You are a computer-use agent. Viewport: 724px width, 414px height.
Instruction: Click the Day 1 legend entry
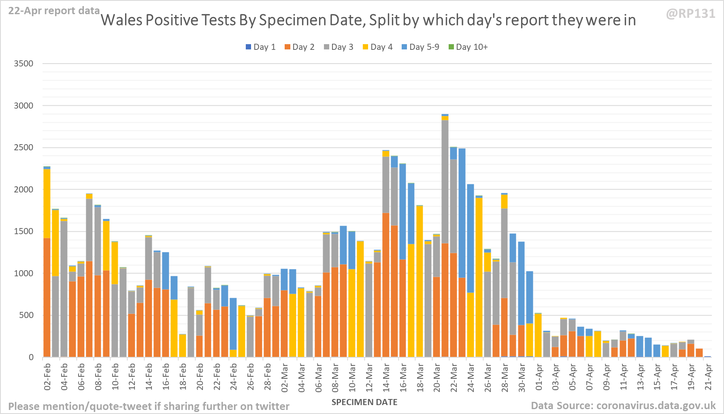click(x=260, y=47)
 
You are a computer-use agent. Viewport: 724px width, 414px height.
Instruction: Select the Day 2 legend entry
click(x=299, y=47)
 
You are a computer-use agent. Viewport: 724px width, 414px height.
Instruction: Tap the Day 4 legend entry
click(x=377, y=47)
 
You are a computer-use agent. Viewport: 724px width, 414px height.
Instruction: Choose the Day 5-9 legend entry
click(x=420, y=47)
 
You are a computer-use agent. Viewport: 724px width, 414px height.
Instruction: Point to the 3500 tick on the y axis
click(x=23, y=64)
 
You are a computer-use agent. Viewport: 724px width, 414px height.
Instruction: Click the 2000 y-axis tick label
click(x=23, y=190)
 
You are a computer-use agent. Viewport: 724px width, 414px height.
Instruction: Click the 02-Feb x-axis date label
click(x=47, y=377)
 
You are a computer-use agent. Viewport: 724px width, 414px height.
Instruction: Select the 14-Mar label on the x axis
click(x=386, y=377)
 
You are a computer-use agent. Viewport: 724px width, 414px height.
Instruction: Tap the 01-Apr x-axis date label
click(x=539, y=377)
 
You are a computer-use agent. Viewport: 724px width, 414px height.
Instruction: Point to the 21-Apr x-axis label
click(x=708, y=377)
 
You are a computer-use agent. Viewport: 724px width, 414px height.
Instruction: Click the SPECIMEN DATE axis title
click(x=364, y=402)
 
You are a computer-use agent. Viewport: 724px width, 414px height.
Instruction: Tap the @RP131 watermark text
click(x=690, y=14)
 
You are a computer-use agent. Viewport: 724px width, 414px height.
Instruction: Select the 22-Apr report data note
click(x=54, y=11)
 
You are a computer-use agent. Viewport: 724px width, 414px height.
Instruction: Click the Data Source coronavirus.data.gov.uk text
click(x=623, y=405)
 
